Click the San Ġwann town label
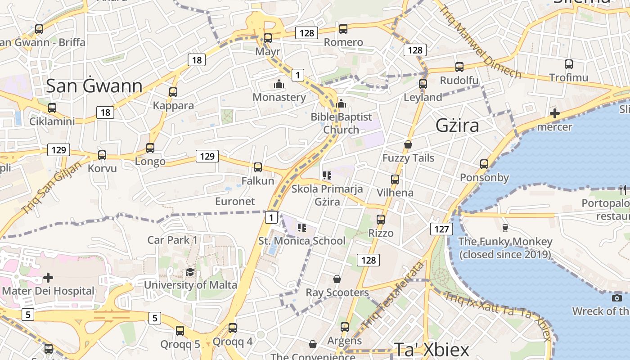(94, 85)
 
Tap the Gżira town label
(457, 126)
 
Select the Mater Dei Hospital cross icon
(48, 278)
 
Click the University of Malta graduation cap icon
(190, 272)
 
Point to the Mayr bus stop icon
(268, 38)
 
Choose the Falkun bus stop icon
(258, 167)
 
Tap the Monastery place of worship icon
(279, 84)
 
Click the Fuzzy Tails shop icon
(408, 144)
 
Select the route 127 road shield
(441, 229)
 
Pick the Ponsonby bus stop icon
(484, 164)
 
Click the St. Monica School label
(301, 241)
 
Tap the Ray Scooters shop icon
(337, 279)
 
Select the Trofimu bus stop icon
(569, 64)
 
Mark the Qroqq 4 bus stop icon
(233, 328)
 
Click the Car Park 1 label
(172, 240)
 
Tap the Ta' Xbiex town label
(432, 350)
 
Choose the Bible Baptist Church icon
(341, 103)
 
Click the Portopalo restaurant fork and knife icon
(623, 189)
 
